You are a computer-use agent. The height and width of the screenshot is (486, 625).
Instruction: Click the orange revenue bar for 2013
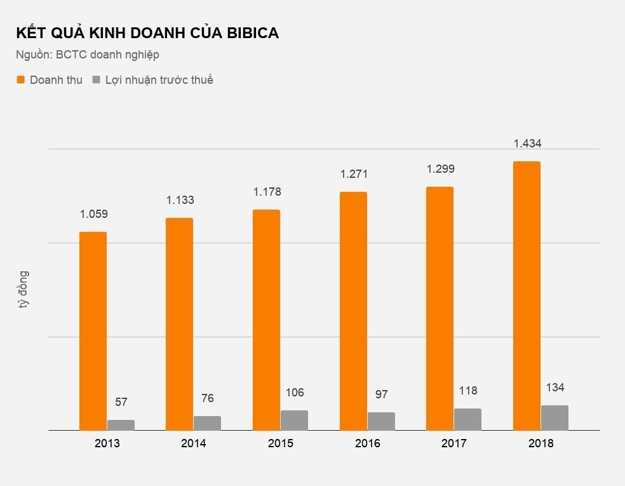coord(93,331)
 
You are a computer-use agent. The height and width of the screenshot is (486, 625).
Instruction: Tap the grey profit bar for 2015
coord(294,420)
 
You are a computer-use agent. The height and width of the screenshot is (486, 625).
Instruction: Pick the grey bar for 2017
coord(467,419)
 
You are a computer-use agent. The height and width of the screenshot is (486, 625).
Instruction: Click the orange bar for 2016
coord(353,311)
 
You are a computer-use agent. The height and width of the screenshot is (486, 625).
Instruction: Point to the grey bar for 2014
coord(207,423)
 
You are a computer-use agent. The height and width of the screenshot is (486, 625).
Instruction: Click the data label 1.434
coord(527,144)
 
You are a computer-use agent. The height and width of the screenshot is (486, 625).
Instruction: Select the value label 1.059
coord(93,214)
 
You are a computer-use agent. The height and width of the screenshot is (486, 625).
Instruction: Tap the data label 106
coord(294,393)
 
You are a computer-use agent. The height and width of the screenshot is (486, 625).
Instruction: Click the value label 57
coord(121,402)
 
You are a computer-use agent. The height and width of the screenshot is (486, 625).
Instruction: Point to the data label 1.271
coord(354,174)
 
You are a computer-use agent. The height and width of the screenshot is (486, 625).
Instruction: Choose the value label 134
coord(554,388)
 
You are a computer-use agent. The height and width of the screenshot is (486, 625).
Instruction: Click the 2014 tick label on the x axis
coord(193,443)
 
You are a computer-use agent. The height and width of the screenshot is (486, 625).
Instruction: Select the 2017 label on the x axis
coord(454,443)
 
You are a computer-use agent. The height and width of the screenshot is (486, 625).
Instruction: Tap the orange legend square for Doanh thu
coord(20,80)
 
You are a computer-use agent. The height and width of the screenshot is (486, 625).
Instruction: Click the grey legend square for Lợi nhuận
coord(96,80)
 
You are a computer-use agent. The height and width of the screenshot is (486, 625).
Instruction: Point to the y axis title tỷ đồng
coord(24,290)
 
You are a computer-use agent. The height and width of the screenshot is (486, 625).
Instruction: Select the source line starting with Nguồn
coord(88,55)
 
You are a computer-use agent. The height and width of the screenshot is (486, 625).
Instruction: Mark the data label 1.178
coord(267,192)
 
